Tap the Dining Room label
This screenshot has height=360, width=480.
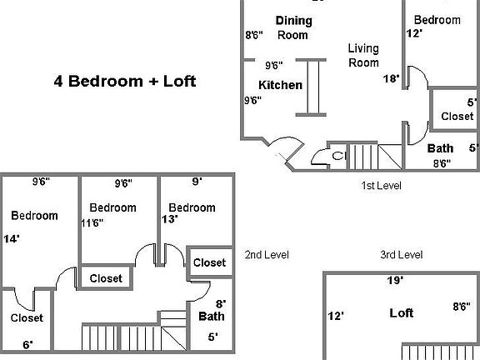(293, 27)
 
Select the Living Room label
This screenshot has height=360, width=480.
(363, 55)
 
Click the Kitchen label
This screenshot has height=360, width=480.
(280, 85)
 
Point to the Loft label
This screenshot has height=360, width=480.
(402, 313)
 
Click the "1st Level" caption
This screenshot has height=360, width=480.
(381, 185)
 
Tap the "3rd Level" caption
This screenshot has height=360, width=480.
(402, 255)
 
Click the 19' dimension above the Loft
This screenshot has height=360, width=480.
(395, 281)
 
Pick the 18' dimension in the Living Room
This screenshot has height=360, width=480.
(391, 79)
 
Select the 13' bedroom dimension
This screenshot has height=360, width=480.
(170, 220)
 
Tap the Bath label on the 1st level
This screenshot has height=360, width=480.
(441, 148)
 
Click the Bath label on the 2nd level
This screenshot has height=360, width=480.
(211, 317)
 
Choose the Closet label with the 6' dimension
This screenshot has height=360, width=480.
(27, 317)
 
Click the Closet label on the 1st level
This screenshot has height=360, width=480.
(457, 117)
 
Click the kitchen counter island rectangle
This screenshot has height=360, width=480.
(314, 86)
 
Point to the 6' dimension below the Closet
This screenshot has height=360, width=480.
(27, 344)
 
